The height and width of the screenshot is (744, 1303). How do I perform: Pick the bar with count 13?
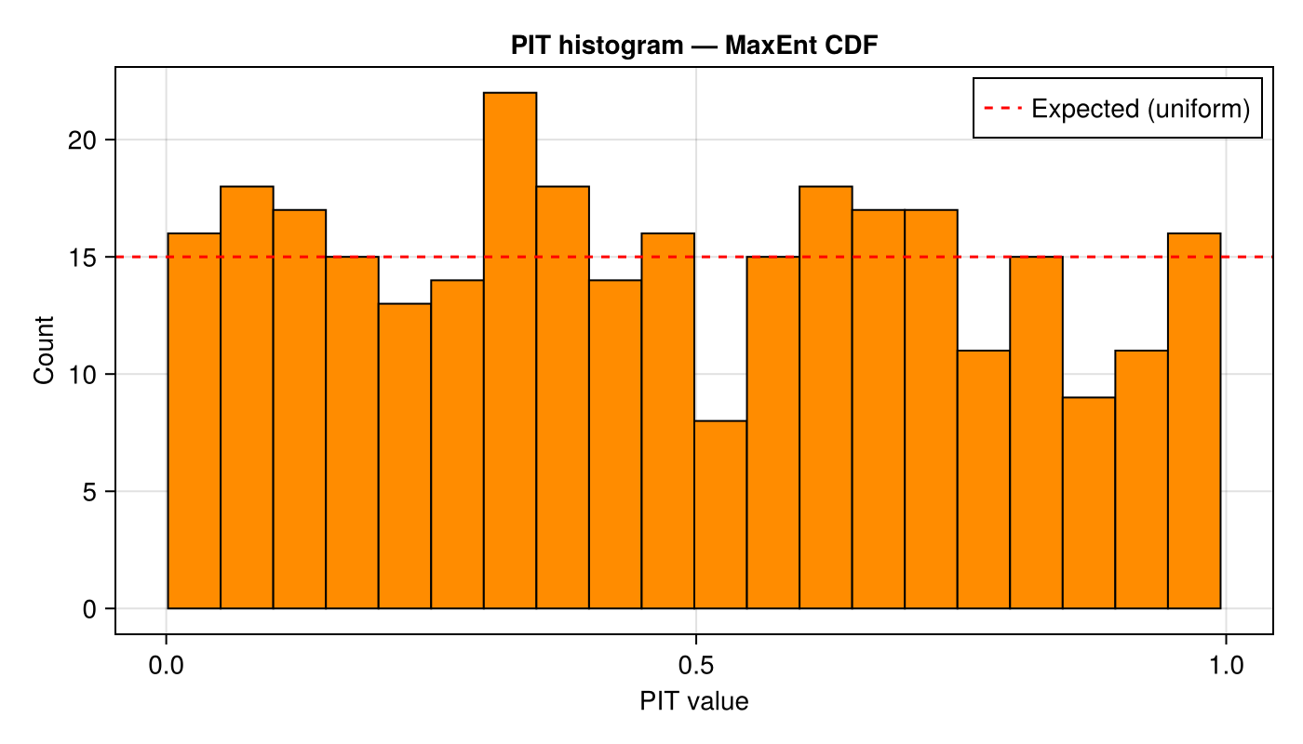pos(405,456)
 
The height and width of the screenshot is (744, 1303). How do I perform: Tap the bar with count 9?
pos(1089,502)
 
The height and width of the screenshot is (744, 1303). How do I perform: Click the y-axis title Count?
pos(44,351)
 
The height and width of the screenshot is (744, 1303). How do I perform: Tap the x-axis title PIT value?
pos(693,702)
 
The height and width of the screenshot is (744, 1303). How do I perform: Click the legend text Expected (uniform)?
pos(1140,109)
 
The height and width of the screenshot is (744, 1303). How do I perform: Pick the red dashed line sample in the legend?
pos(1003,109)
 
